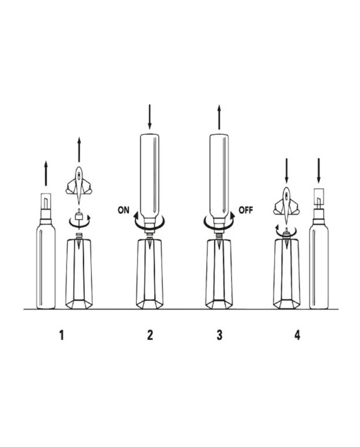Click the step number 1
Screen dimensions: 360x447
coord(61,335)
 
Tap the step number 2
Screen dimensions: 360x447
coord(150,335)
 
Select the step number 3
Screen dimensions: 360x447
coord(219,335)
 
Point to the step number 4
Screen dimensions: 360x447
coord(297,335)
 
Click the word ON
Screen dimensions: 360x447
coord(123,210)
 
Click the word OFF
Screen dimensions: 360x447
coord(246,210)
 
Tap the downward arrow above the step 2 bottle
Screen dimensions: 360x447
coord(149,117)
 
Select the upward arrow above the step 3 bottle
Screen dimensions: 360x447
coord(219,117)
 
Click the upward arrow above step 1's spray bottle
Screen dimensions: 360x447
coord(46,173)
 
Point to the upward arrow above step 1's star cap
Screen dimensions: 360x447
coord(79,149)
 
